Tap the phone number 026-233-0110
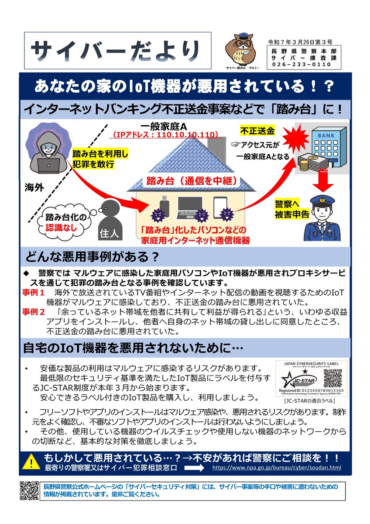pos(301,65)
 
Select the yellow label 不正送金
pos(257,131)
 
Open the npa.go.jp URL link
pos(277,467)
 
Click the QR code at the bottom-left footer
pos(30,490)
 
